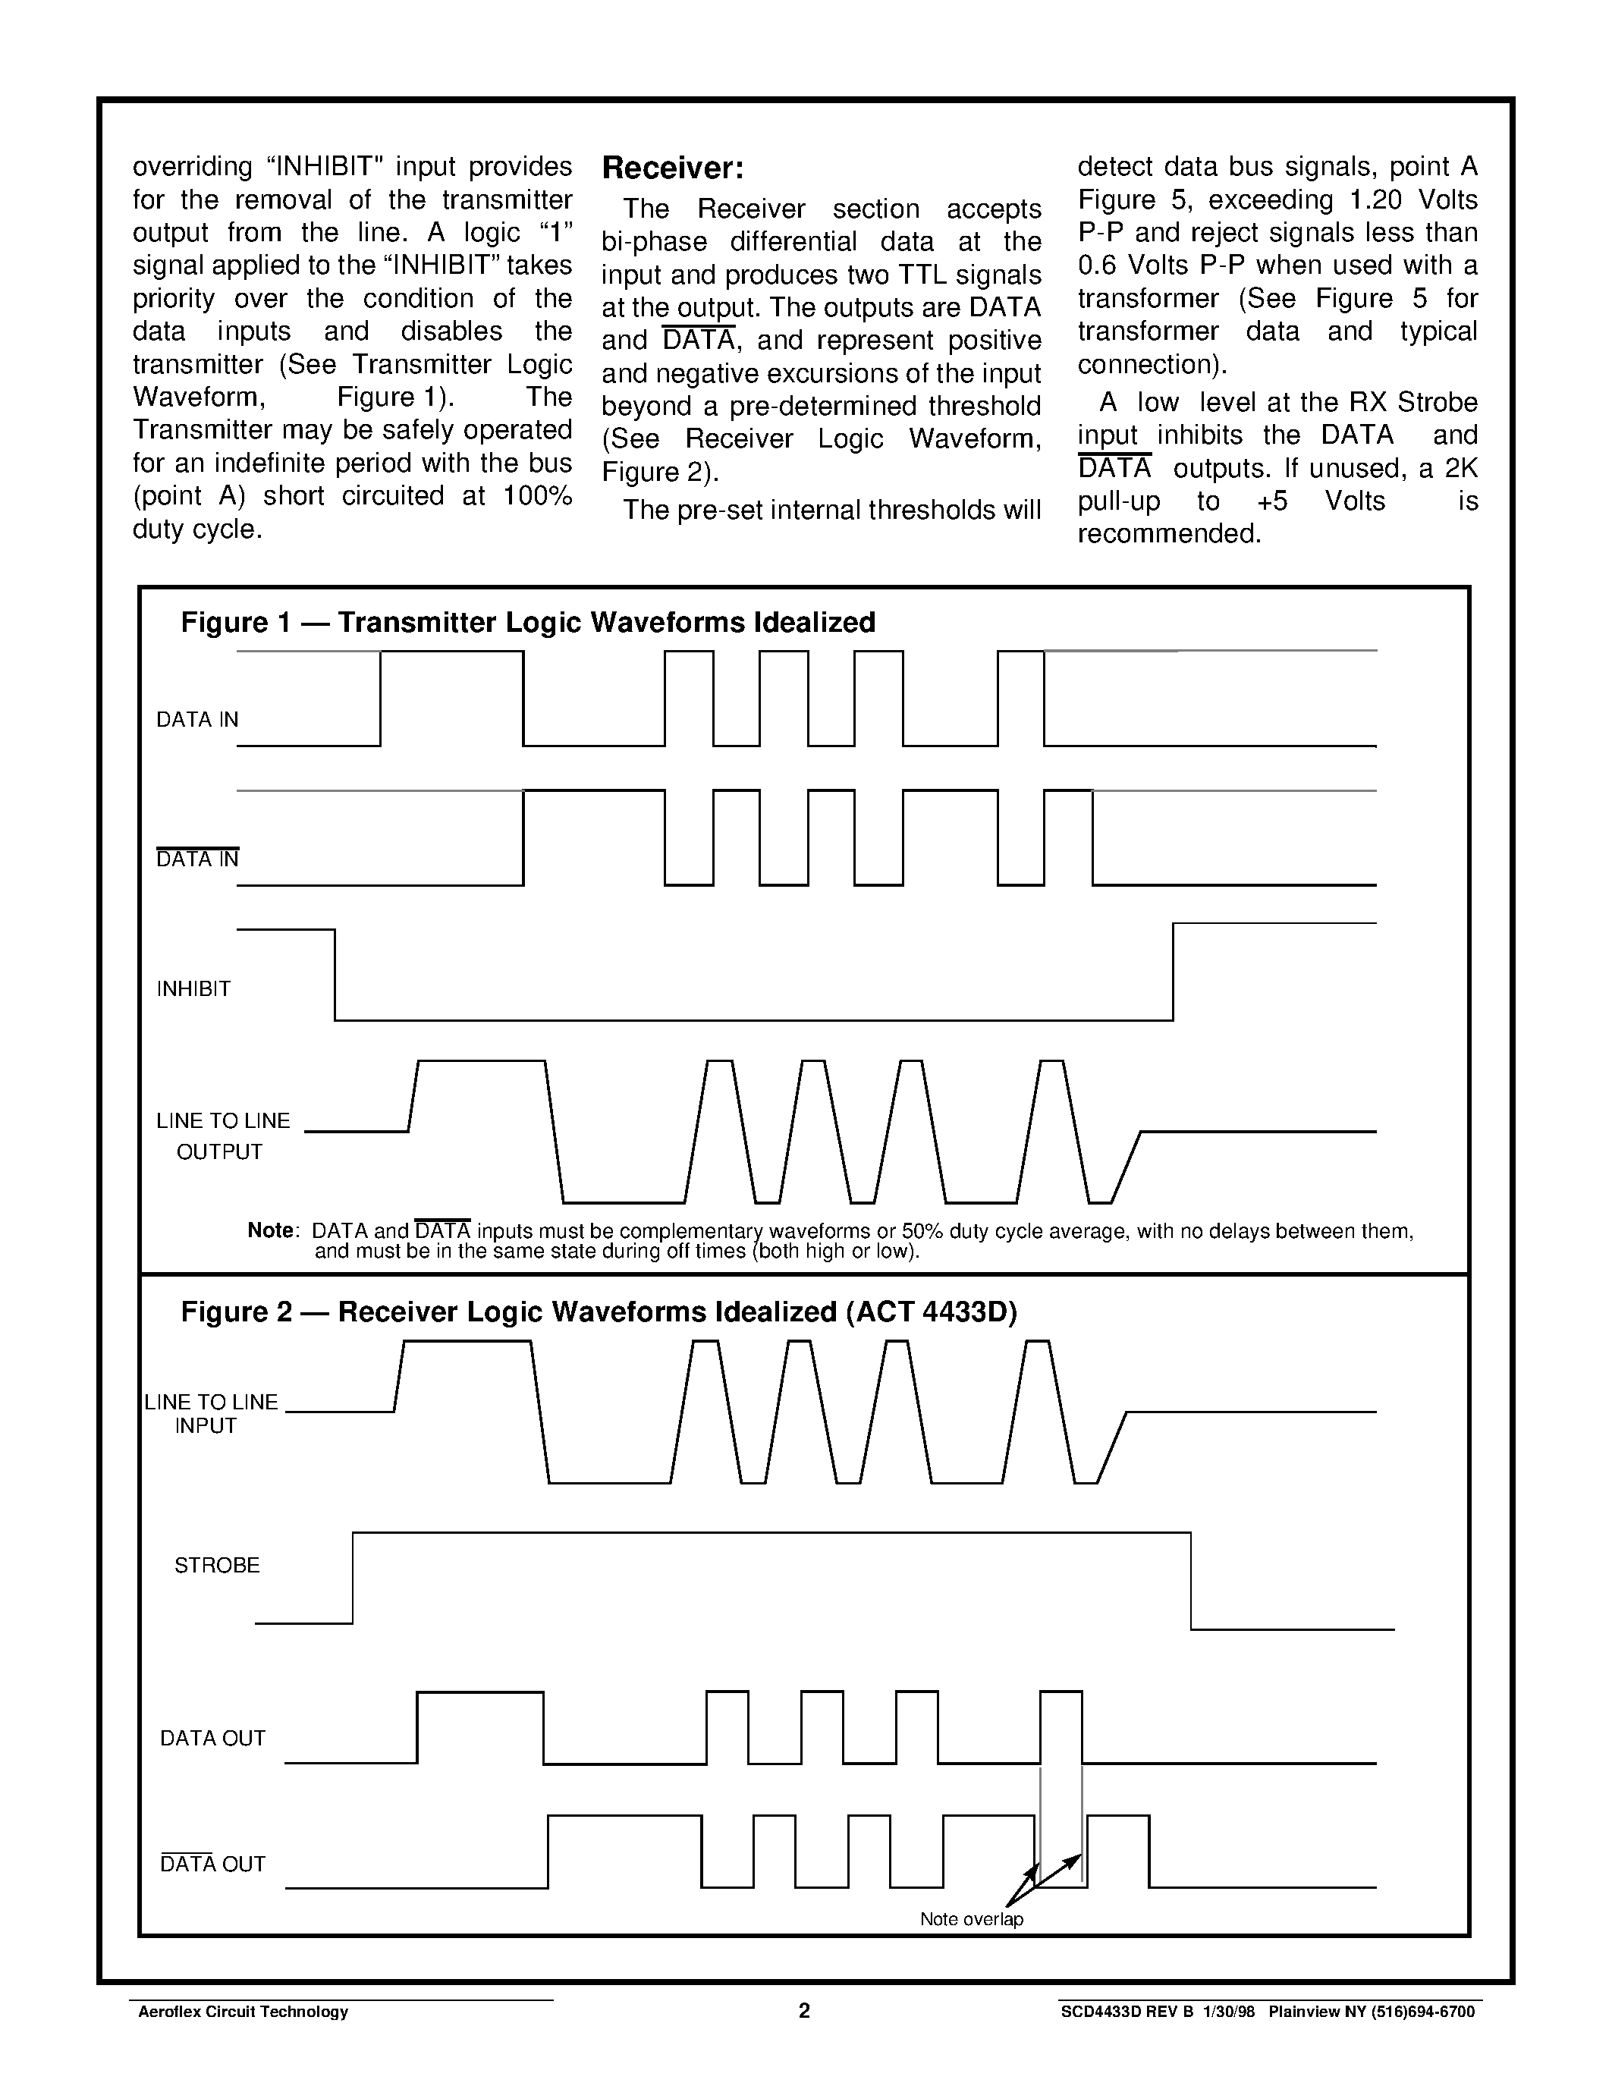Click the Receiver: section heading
click(671, 169)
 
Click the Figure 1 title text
click(527, 623)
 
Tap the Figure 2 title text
click(599, 1312)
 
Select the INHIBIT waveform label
click(194, 988)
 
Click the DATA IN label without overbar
click(196, 719)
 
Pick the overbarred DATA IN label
click(196, 859)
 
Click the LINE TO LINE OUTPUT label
click(222, 1136)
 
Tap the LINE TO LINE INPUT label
click(211, 1414)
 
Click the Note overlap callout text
click(971, 1919)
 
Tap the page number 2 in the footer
click(804, 2011)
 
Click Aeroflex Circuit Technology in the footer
click(244, 2012)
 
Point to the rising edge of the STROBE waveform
click(354, 1577)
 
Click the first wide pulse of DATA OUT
click(480, 1692)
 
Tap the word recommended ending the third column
click(1170, 533)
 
